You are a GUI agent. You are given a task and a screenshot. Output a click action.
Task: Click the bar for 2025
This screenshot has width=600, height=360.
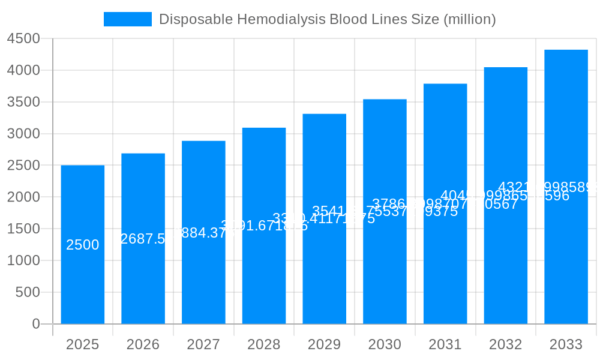tap(83, 282)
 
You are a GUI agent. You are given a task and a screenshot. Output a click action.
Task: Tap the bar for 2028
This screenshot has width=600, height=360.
tap(264, 276)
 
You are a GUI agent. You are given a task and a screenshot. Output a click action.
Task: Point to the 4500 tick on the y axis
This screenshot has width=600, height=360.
tap(23, 39)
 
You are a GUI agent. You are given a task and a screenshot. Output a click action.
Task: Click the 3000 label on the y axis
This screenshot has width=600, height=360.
tap(23, 134)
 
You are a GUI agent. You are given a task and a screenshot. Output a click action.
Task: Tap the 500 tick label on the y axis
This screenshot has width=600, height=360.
tap(27, 292)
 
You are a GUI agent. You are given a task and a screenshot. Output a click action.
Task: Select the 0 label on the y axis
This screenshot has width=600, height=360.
tap(35, 324)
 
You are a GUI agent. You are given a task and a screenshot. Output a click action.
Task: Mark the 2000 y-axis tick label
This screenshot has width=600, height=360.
tap(23, 197)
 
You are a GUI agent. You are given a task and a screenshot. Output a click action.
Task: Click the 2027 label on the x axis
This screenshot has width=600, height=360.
tap(203, 345)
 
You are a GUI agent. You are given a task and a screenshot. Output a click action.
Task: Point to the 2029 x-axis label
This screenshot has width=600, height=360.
tap(324, 345)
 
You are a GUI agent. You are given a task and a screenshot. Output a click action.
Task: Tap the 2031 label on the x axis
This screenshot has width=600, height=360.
tap(445, 345)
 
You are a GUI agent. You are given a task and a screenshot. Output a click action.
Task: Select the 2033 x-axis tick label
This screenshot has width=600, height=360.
tap(566, 345)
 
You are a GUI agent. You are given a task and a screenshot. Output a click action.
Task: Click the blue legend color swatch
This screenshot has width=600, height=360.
tap(128, 19)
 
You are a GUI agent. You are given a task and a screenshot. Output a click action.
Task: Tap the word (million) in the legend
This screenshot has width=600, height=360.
tap(469, 19)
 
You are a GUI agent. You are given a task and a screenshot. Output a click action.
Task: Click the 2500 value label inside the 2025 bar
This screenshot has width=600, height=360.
tap(83, 245)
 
